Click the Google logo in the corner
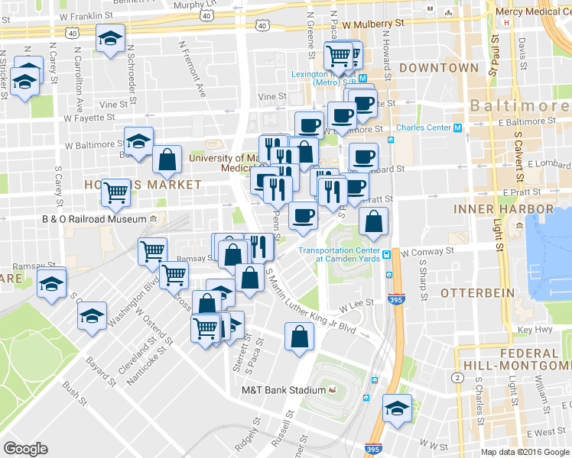(x=25, y=449)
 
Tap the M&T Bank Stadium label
(x=284, y=391)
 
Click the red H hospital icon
(x=507, y=22)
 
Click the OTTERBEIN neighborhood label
(x=472, y=292)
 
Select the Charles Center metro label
(x=424, y=127)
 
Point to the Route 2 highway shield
(x=457, y=378)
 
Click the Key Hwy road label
(x=535, y=329)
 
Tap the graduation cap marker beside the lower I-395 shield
(x=397, y=408)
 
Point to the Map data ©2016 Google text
(x=525, y=452)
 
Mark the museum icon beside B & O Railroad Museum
(x=153, y=220)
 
